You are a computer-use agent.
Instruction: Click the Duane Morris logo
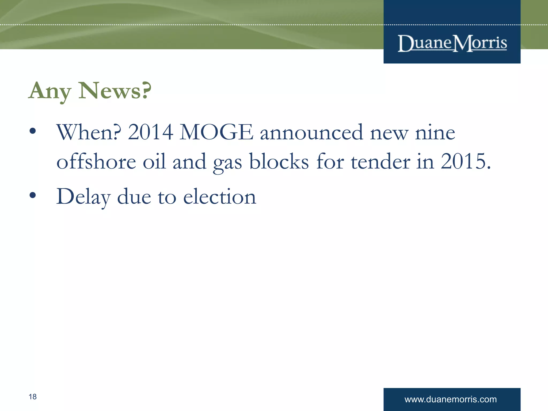(x=452, y=43)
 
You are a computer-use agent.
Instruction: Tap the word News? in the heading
(x=115, y=91)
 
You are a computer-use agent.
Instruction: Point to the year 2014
(x=150, y=132)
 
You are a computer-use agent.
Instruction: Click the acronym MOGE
(x=216, y=132)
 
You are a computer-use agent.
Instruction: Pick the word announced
(x=311, y=132)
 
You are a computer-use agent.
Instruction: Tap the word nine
(x=435, y=133)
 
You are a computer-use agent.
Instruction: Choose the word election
(x=220, y=197)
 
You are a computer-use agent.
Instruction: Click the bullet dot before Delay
(x=33, y=196)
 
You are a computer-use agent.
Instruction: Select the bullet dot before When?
(x=33, y=131)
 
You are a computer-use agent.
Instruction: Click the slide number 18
(x=33, y=397)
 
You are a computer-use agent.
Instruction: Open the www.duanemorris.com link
(x=451, y=399)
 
